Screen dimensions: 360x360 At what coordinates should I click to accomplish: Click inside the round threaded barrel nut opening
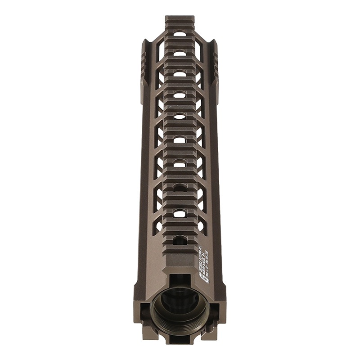click(x=180, y=310)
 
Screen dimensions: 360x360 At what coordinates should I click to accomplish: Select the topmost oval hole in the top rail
click(x=180, y=34)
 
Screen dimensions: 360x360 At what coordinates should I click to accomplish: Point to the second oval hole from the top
click(x=180, y=54)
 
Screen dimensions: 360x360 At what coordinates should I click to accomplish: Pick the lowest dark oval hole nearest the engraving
click(x=180, y=238)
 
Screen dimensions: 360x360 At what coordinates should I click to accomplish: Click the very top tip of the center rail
click(x=180, y=18)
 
